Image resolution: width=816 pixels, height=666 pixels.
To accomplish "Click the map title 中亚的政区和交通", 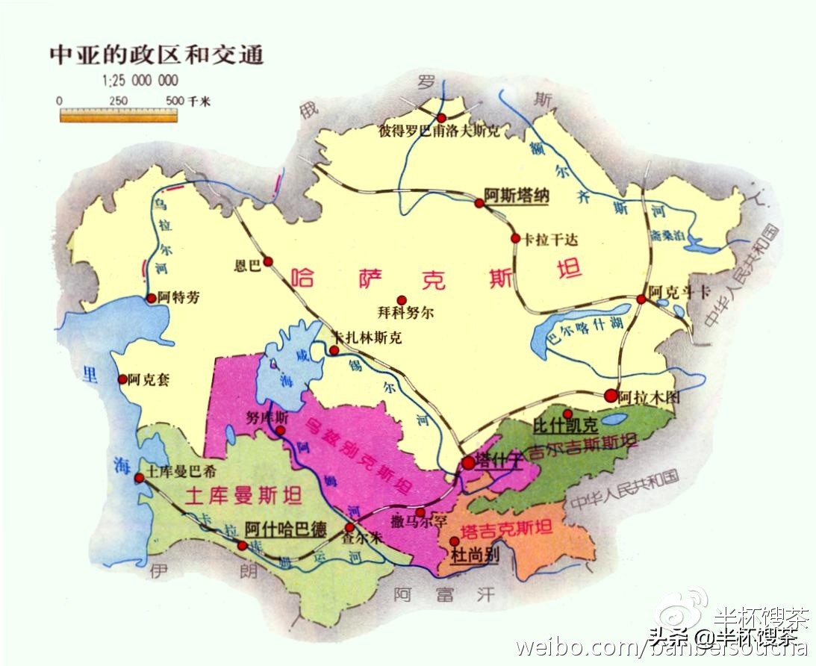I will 156,55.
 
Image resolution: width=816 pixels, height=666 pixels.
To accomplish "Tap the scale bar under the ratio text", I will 119,114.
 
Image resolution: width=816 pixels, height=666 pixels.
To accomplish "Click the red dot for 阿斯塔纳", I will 479,202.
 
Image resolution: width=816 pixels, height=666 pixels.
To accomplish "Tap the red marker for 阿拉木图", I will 611,395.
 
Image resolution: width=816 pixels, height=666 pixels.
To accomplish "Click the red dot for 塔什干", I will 467,463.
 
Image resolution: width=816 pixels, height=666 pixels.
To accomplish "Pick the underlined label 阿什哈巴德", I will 286,529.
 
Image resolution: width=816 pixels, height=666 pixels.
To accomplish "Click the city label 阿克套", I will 149,379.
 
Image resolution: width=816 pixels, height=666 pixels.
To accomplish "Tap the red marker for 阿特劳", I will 152,298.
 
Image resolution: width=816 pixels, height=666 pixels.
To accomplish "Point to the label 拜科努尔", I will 405,314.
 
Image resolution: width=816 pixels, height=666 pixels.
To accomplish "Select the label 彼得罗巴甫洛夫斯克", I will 439,131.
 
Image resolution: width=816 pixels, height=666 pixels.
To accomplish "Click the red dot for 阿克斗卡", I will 641,299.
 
